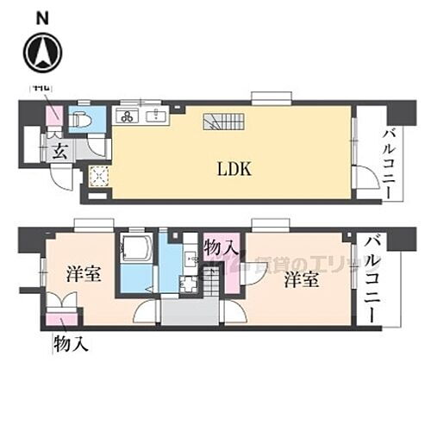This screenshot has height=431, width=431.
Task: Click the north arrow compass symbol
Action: coord(41,52)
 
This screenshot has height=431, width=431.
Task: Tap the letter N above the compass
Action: coord(41,16)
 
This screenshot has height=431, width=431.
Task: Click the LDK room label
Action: coord(234,169)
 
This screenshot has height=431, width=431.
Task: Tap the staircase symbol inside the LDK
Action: coord(220,122)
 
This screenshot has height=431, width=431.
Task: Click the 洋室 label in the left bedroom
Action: coord(83,275)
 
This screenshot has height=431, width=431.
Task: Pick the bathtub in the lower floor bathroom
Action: coord(136,249)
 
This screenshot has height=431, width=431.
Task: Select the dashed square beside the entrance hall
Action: coord(98,175)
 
